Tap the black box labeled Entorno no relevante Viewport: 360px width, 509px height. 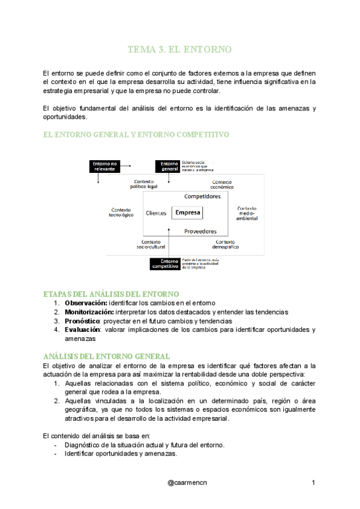(105, 166)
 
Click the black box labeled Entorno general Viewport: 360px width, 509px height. (169, 166)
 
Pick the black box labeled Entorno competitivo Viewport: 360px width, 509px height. (165, 264)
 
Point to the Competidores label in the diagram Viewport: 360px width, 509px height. (202, 196)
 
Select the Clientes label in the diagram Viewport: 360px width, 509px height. (156, 213)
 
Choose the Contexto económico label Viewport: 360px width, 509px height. (221, 184)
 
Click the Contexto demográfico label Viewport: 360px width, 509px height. (226, 244)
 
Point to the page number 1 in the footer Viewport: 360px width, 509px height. (313, 483)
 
